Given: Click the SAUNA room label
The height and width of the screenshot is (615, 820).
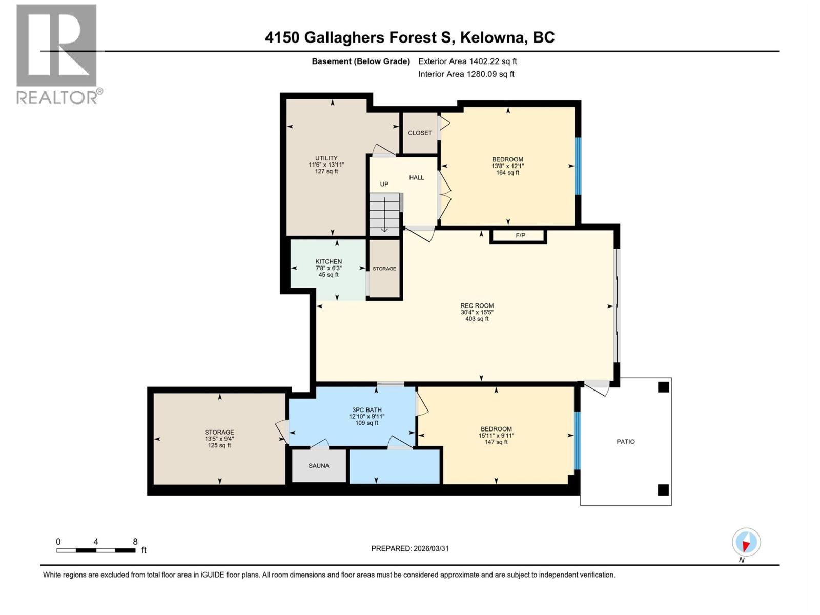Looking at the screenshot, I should pos(319,466).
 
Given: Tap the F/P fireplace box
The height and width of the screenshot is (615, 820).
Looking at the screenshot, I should pos(520,236).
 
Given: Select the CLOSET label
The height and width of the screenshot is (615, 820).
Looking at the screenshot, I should pos(420,133).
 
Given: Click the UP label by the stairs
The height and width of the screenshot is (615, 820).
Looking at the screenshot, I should pos(384,184).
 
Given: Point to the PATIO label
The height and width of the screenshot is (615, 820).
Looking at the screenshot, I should pos(625,441).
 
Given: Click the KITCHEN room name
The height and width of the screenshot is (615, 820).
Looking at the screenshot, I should pos(329,261).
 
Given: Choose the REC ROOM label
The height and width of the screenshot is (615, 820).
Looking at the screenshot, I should pos(477,305).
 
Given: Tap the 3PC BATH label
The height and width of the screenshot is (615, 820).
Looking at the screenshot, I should pos(366,410).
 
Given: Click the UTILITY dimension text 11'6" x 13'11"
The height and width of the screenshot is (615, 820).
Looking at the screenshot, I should pos(326,165).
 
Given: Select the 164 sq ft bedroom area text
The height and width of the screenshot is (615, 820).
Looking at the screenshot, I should pos(507,173).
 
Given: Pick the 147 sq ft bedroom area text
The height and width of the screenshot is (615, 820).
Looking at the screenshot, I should pos(496,442).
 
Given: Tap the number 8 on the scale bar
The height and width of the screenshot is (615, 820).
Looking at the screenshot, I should pos(135,542).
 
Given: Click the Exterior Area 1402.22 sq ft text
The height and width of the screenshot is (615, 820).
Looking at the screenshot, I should pos(467,61).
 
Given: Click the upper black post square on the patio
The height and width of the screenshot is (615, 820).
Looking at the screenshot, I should pos(663,387).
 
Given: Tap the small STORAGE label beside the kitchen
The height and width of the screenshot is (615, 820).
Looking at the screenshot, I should pos(384,269).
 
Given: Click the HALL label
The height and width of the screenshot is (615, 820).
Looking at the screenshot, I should pos(416,177).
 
